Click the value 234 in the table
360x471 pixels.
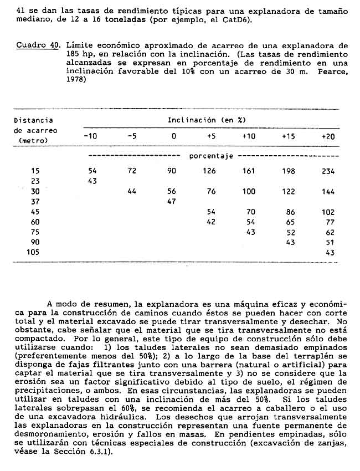(x=328, y=171)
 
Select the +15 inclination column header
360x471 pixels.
(x=288, y=136)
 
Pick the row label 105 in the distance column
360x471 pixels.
(x=34, y=252)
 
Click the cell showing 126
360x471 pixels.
(x=209, y=171)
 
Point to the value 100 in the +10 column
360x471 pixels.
(x=249, y=192)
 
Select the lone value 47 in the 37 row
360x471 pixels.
(x=171, y=202)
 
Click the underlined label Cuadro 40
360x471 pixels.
(x=38, y=45)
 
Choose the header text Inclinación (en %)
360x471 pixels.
(x=207, y=120)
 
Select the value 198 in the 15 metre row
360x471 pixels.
(x=289, y=171)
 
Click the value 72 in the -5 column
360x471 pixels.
(x=132, y=171)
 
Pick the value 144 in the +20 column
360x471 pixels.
(x=328, y=192)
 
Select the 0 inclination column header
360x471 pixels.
(x=173, y=136)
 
